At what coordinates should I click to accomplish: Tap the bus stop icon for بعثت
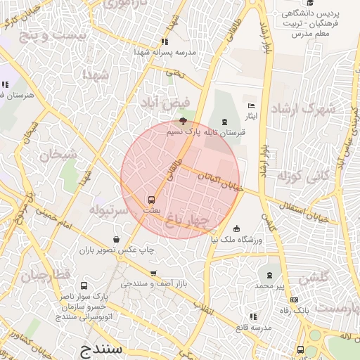(x=151, y=199)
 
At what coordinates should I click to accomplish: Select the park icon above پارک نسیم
(x=174, y=121)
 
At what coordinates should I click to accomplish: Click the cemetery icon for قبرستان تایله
(x=224, y=122)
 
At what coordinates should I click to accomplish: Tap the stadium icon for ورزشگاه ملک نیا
(x=236, y=229)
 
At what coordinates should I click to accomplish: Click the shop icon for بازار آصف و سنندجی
(x=153, y=274)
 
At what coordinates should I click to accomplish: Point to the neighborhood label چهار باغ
(x=188, y=221)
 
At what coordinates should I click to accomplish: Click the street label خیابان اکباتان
(x=220, y=182)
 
